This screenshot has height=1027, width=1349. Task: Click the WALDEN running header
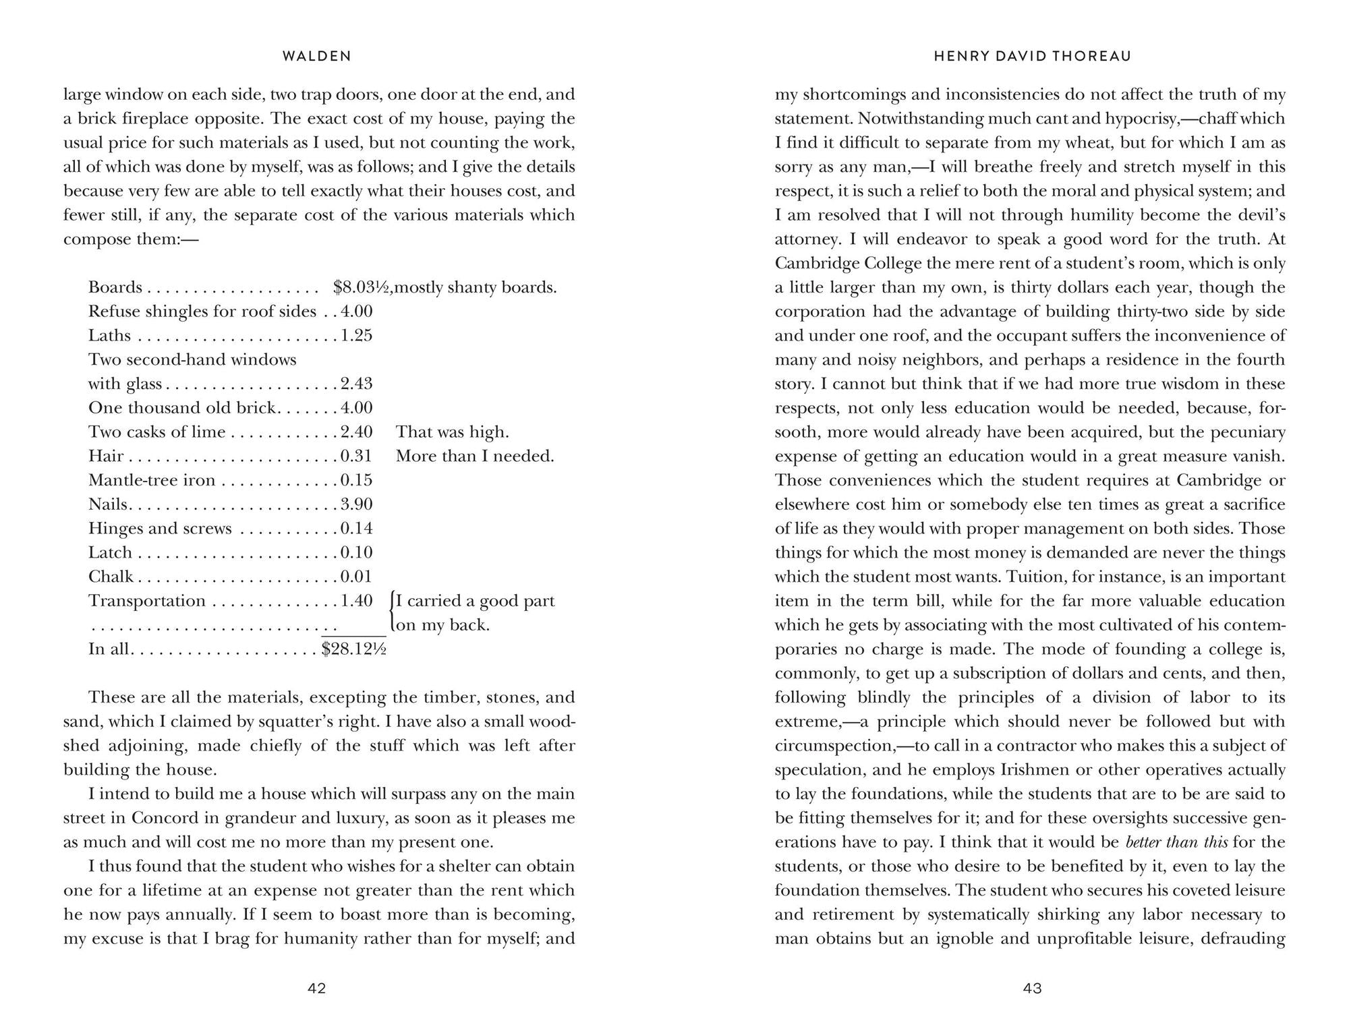coord(317,57)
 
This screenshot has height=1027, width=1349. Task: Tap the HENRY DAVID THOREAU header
coord(1032,57)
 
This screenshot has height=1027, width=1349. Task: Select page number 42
coord(317,989)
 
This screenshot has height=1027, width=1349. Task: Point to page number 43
coord(1033,989)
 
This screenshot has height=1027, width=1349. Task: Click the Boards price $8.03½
coord(362,287)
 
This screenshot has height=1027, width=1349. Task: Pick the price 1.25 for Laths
coord(356,336)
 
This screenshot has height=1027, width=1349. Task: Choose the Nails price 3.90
coord(356,504)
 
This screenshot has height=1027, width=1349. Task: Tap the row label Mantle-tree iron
coord(152,480)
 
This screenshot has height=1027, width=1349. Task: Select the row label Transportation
coord(147,601)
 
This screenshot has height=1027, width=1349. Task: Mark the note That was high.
coord(452,432)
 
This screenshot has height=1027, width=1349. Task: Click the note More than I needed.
coord(475,457)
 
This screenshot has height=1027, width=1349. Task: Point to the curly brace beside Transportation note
coord(392,612)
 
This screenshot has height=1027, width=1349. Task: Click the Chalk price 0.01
coord(356,577)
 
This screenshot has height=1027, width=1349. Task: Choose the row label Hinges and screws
coord(160,529)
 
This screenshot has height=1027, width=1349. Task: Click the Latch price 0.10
coord(356,553)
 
